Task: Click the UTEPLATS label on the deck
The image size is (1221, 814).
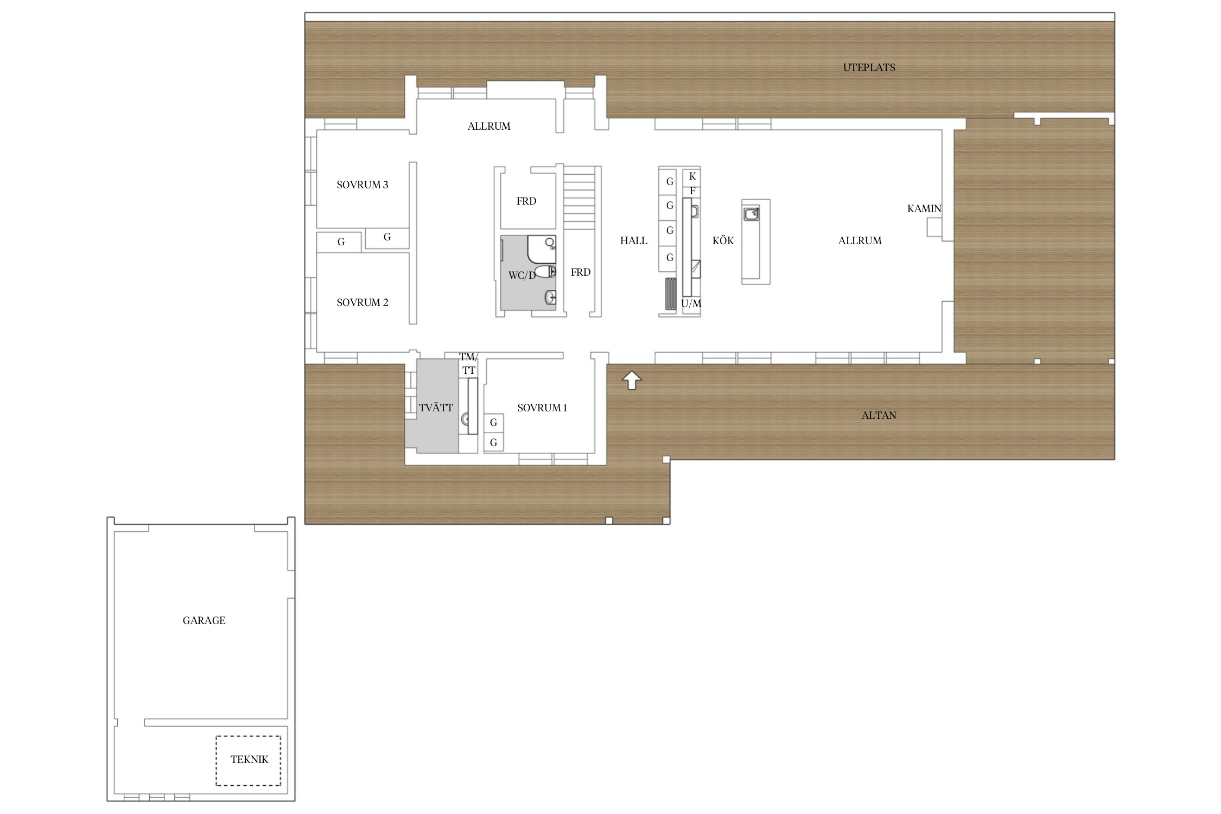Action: click(869, 68)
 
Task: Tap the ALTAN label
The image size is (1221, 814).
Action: click(879, 416)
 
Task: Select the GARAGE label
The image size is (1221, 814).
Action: click(204, 621)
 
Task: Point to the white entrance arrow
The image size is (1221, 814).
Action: click(632, 380)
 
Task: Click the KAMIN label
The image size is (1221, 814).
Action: click(924, 208)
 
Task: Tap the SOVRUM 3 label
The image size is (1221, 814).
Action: click(363, 185)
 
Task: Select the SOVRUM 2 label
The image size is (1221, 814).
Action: click(363, 303)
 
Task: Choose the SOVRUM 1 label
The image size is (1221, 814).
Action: click(542, 408)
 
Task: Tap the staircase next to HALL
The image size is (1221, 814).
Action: click(580, 198)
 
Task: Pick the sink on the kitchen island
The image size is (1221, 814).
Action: click(752, 214)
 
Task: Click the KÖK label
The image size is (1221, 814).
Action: click(723, 241)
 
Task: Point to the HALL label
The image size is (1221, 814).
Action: click(634, 241)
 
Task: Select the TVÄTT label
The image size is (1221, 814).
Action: click(436, 408)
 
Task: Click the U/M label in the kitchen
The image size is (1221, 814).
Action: click(691, 304)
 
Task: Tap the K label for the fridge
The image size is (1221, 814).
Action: click(692, 176)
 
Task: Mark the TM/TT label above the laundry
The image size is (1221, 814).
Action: click(469, 364)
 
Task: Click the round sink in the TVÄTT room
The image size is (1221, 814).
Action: click(465, 419)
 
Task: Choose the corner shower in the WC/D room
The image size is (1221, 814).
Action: click(542, 249)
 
